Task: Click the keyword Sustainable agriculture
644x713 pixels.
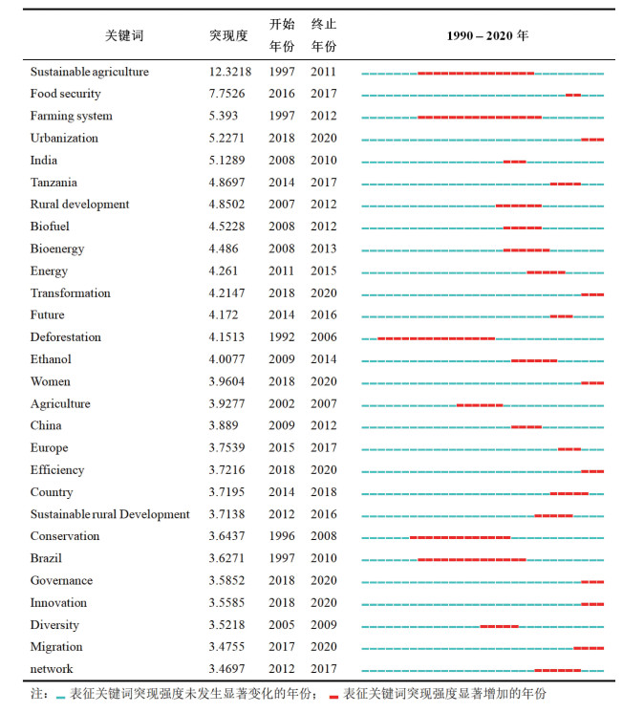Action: tap(89, 72)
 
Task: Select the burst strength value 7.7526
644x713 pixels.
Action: tap(228, 94)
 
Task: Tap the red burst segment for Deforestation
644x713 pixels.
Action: tap(436, 338)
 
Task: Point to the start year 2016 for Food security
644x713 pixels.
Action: tap(281, 94)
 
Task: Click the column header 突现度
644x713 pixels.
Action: tap(228, 35)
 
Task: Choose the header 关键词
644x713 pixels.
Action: tap(123, 35)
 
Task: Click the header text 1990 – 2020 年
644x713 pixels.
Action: tap(487, 35)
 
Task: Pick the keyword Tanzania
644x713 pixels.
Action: tap(54, 183)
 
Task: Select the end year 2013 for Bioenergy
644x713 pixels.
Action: tap(323, 249)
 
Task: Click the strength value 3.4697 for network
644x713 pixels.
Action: tap(228, 669)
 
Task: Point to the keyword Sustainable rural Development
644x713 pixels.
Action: tap(110, 514)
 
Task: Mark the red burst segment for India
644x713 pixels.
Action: tap(514, 162)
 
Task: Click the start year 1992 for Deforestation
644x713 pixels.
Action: tap(281, 337)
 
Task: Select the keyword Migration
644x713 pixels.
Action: tap(56, 647)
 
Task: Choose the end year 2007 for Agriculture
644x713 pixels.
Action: tap(323, 404)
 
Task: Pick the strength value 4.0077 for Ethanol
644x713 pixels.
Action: tap(228, 359)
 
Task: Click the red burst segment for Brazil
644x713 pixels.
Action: tap(471, 559)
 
